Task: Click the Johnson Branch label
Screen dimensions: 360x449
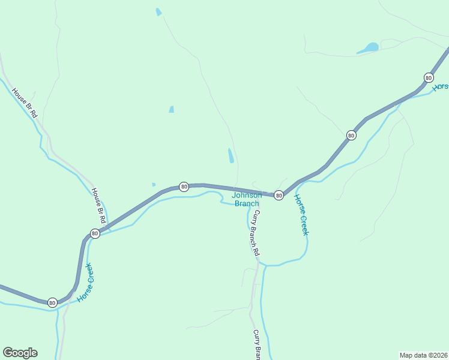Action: pos(247,199)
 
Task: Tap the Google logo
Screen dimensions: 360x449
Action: pos(20,353)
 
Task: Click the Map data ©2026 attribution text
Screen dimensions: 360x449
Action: pos(423,355)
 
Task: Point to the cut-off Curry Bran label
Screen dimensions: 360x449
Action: pos(257,345)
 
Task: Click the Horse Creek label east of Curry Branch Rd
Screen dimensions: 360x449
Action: pos(300,214)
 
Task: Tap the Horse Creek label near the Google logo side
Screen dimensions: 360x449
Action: pos(85,281)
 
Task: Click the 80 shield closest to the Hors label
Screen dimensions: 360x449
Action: pos(428,78)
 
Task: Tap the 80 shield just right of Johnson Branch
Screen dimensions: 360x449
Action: pos(279,196)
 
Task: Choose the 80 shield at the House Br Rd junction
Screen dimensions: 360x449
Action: pos(95,233)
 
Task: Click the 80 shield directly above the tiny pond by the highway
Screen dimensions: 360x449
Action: pos(184,187)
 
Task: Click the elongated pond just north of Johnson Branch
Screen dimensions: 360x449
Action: pos(231,155)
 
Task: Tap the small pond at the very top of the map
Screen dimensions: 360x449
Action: pos(158,12)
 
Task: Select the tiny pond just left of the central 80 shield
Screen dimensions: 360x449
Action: pos(154,184)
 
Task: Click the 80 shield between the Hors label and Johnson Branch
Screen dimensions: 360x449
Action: pos(351,136)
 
